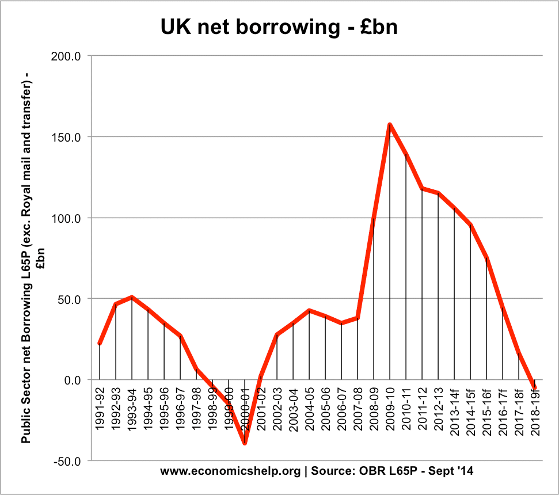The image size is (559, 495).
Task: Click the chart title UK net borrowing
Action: pos(279,26)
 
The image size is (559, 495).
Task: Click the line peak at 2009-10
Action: pos(390,124)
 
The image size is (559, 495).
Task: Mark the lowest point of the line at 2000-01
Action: pos(245,443)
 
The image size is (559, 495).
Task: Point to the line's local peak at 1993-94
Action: pos(132,297)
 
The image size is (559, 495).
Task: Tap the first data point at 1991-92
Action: pos(100,344)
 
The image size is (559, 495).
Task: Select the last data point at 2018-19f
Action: pos(535,388)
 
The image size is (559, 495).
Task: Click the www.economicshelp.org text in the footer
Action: pos(230,471)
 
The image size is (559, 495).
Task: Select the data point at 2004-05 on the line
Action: pos(309,310)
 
